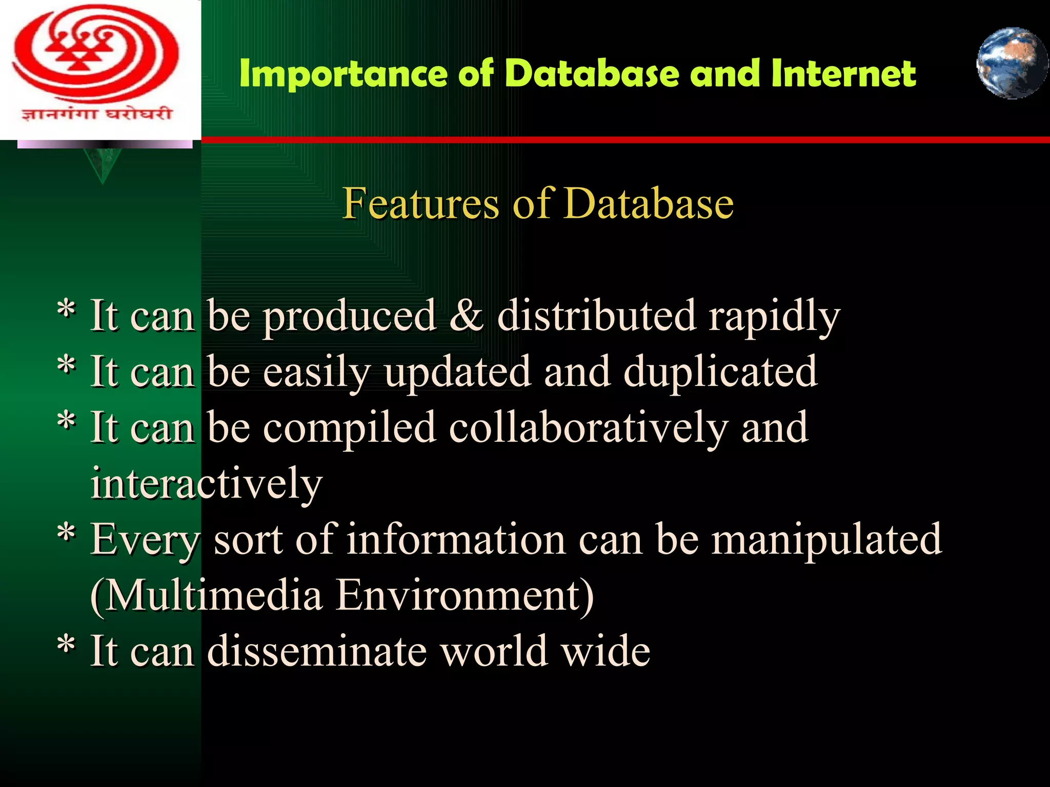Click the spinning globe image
pos(1012,63)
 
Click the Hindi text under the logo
pos(96,113)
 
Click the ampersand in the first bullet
pos(466,316)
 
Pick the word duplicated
pos(720,371)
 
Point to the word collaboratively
pos(589,428)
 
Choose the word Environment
pos(464,595)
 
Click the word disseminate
pos(317,651)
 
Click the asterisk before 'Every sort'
pos(67,533)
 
